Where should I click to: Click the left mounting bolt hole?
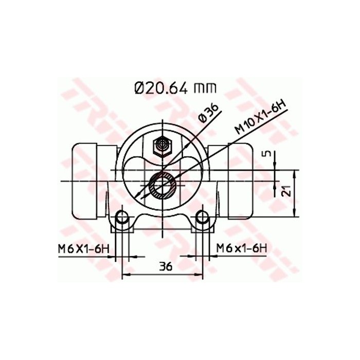click(x=122, y=218)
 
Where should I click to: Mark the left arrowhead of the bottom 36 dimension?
click(x=125, y=274)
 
